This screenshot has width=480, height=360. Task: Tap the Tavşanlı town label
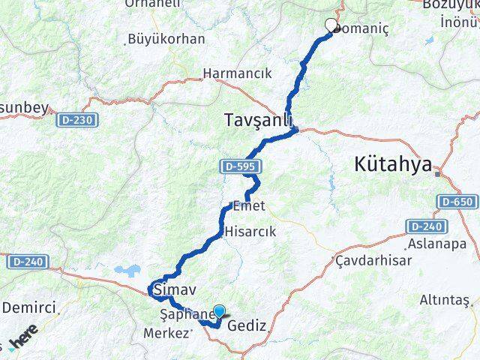[x=257, y=120]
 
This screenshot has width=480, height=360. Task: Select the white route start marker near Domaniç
[x=331, y=25]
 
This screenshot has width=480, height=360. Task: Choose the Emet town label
[x=250, y=205]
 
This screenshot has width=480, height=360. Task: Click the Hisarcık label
[x=244, y=232]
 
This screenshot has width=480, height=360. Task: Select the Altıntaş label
[x=445, y=300]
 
